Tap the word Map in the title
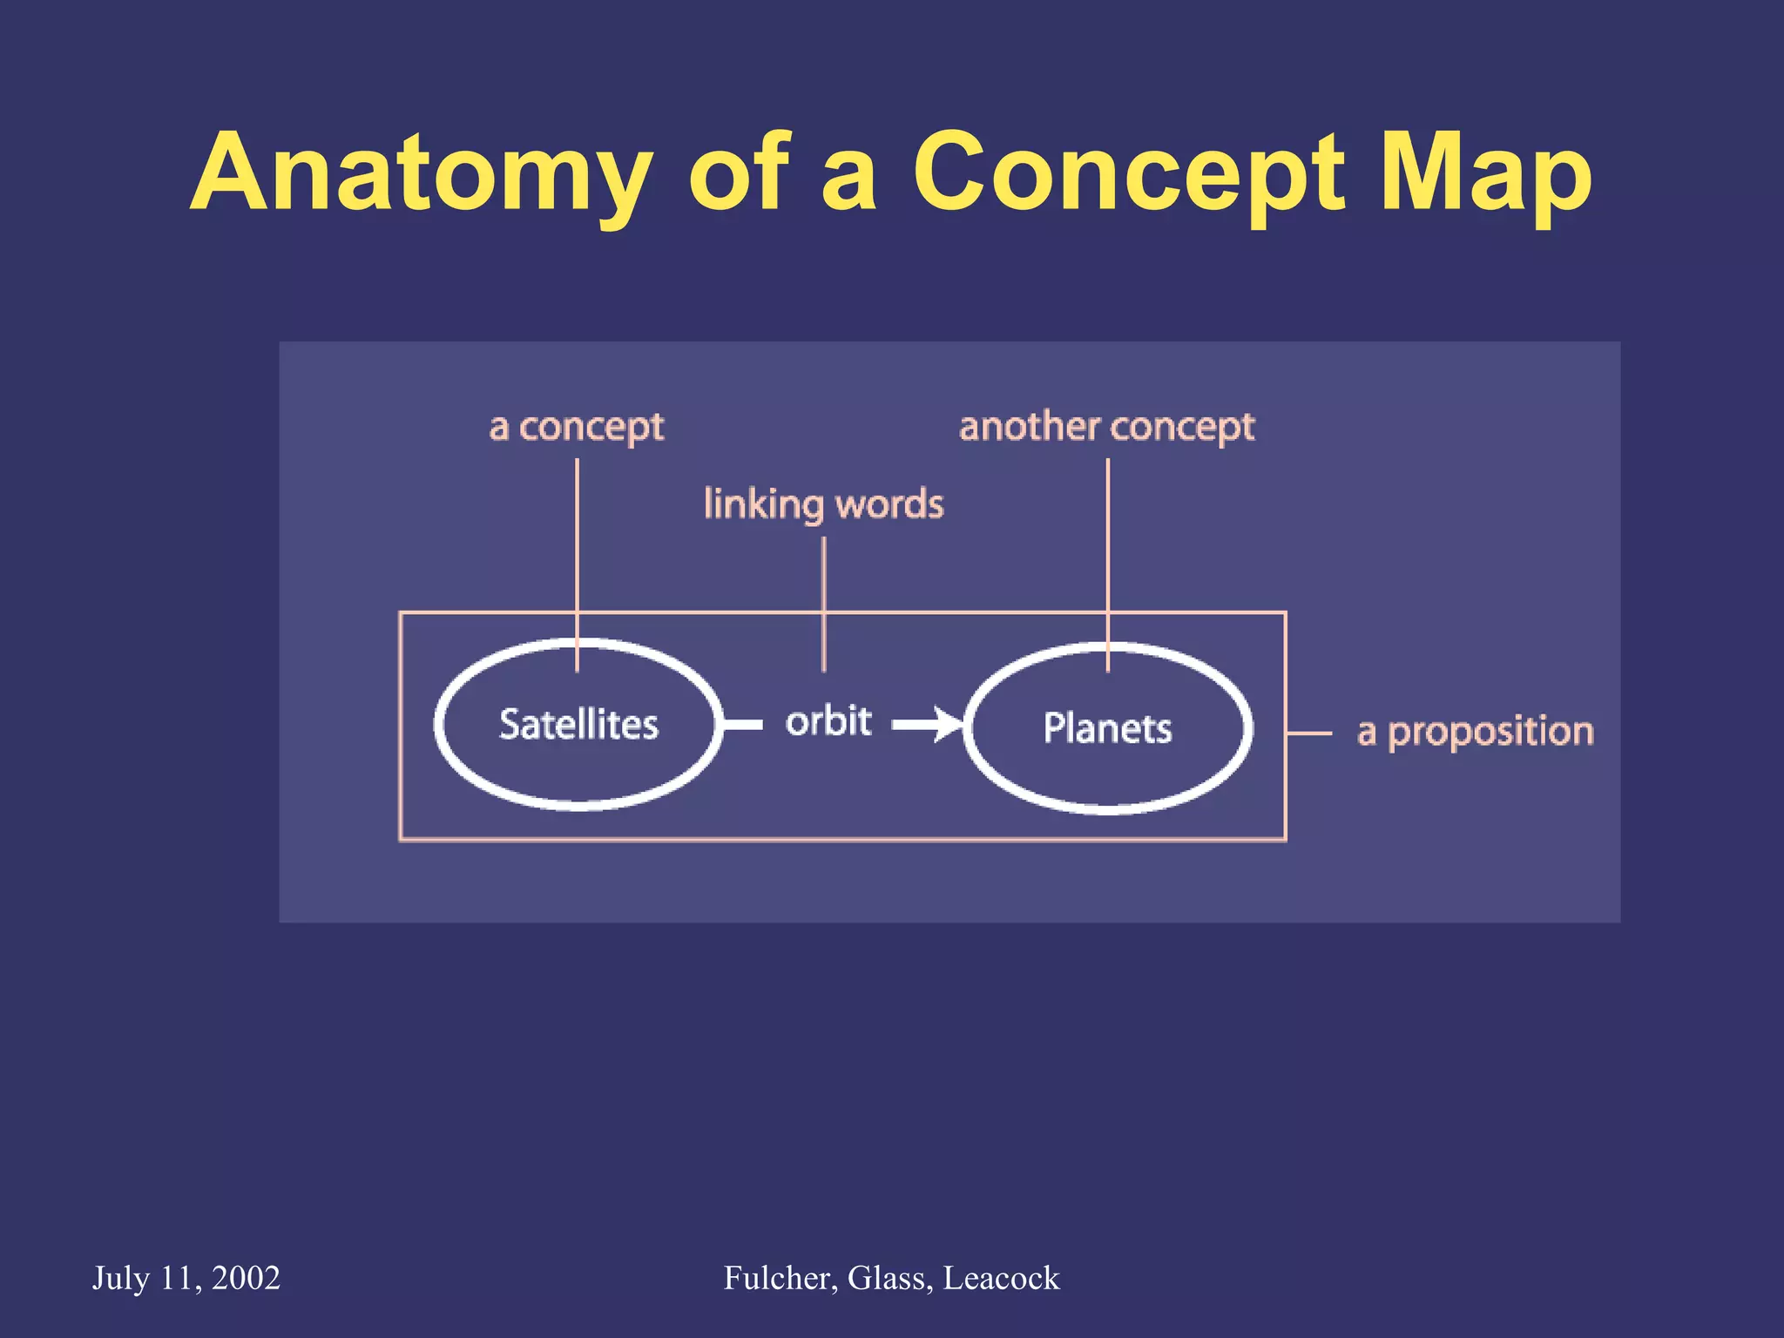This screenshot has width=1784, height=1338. point(1486,174)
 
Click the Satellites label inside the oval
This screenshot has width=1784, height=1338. point(578,725)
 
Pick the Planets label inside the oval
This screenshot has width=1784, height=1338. point(1107,728)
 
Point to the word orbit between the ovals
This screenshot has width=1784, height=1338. point(828,721)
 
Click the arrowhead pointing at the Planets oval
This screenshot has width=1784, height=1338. point(947,724)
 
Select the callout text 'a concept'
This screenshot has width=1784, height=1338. point(577,427)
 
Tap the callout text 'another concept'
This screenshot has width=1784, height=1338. point(1106,427)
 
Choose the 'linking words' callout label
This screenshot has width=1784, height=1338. point(823,504)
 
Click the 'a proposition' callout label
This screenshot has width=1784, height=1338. point(1475,732)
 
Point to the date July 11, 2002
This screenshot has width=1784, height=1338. point(186,1278)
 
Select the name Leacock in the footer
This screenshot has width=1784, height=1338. point(1002,1278)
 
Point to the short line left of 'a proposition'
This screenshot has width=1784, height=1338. point(1309,733)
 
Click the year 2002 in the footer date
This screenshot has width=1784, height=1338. point(246,1278)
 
